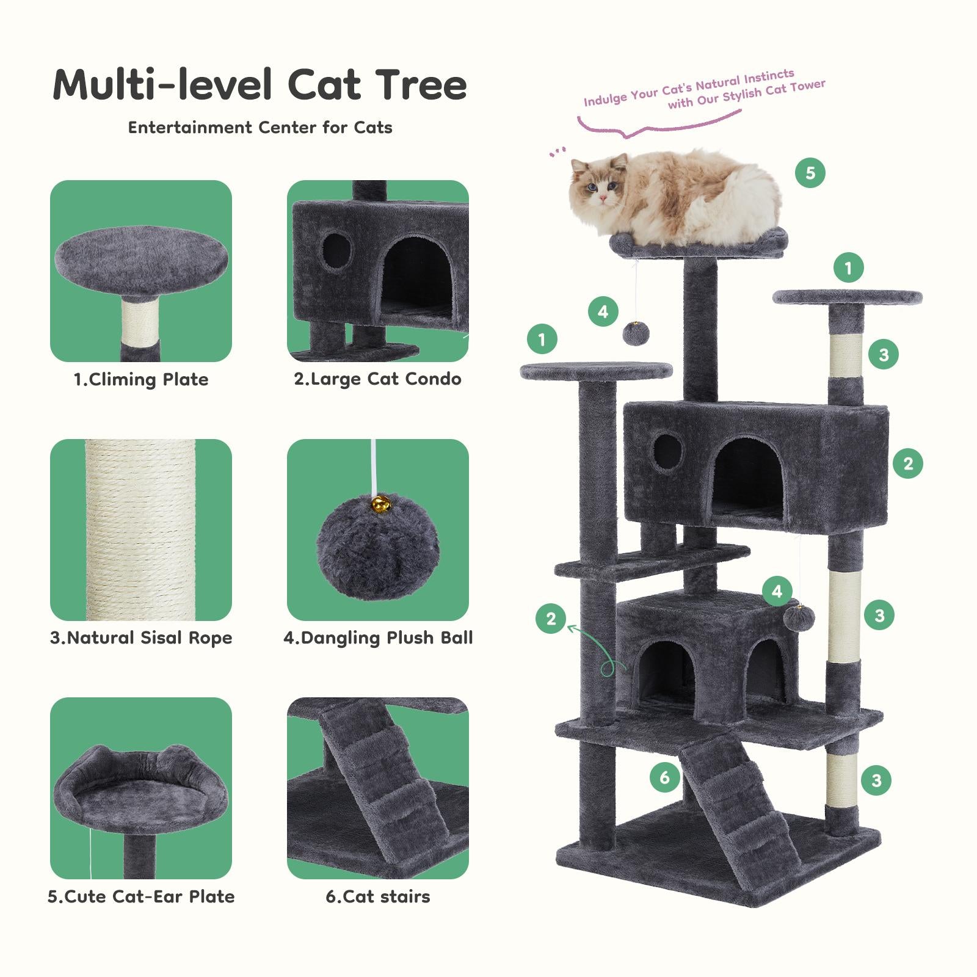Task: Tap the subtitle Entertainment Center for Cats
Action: click(x=260, y=128)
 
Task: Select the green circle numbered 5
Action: click(x=810, y=173)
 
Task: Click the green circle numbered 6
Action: click(x=664, y=777)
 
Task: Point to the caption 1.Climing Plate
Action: click(x=141, y=380)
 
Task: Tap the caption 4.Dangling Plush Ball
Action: click(x=378, y=638)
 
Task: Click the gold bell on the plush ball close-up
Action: click(x=380, y=504)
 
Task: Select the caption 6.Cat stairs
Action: click(x=378, y=896)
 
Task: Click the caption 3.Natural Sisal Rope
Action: click(x=141, y=638)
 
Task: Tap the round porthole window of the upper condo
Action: click(x=667, y=452)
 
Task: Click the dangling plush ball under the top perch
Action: click(x=636, y=333)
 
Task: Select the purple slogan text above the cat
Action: click(x=702, y=92)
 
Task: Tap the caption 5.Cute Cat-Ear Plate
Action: click(x=141, y=896)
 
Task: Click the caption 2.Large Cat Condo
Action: click(x=378, y=379)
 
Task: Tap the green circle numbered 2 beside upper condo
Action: click(x=907, y=463)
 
